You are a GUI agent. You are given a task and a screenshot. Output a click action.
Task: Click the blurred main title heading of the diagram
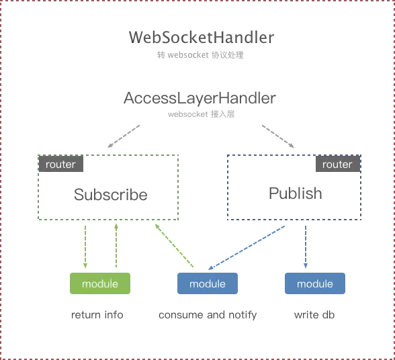pyautogui.click(x=201, y=36)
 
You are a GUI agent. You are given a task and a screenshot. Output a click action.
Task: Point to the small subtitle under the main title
pyautogui.click(x=201, y=54)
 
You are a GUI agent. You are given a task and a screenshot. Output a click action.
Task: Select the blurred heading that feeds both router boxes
pyautogui.click(x=200, y=99)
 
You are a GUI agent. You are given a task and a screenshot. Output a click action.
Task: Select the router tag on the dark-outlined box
pyautogui.click(x=337, y=164)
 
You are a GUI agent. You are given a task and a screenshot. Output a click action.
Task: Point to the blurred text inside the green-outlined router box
pyautogui.click(x=111, y=196)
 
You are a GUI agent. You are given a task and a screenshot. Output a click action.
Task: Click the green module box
pyautogui.click(x=100, y=283)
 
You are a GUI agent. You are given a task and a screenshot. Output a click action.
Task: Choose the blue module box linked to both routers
pyautogui.click(x=208, y=283)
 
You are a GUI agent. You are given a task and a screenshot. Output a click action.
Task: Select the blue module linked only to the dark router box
pyautogui.click(x=315, y=283)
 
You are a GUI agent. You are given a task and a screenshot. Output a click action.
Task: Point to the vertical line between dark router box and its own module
pyautogui.click(x=304, y=246)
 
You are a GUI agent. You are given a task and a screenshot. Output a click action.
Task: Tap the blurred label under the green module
pyautogui.click(x=98, y=316)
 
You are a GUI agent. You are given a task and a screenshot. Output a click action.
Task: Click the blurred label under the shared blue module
pyautogui.click(x=207, y=316)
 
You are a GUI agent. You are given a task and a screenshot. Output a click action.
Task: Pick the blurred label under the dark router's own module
pyautogui.click(x=314, y=316)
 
